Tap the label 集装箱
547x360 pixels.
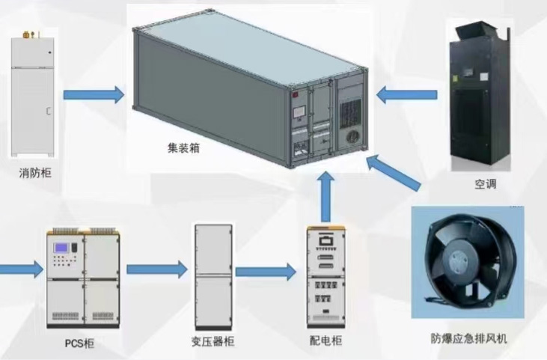click(183, 148)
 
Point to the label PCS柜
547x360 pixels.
click(80, 344)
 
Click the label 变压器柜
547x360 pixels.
click(213, 342)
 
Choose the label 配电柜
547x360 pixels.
click(326, 342)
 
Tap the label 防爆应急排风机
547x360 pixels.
click(469, 339)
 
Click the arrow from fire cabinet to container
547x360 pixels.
click(93, 95)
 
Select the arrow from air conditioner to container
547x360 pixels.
click(406, 95)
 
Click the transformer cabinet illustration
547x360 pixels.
click(213, 276)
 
